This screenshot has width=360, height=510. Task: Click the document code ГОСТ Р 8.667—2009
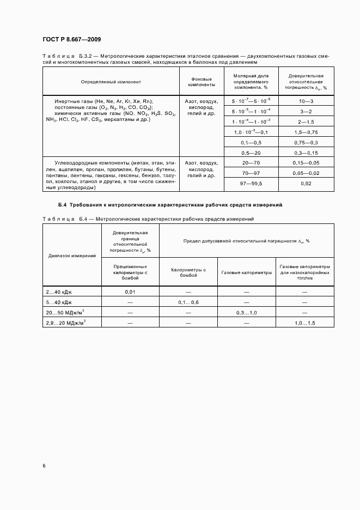71,39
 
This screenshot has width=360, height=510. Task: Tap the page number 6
44,466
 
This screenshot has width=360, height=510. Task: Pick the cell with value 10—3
305,101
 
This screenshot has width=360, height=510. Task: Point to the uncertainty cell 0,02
305,184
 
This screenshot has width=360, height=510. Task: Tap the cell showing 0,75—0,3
305,142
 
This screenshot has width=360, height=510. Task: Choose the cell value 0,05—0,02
305,173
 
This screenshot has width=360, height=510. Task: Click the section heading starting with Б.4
169,204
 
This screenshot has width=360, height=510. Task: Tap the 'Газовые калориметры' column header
246,271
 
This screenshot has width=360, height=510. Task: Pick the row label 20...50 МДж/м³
66,312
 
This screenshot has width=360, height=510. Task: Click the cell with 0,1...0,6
188,302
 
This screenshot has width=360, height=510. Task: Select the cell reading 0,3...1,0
246,312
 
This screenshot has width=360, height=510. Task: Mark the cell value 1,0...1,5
304,323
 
